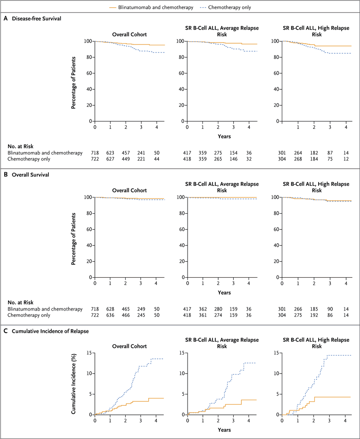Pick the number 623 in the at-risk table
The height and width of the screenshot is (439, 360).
(110, 153)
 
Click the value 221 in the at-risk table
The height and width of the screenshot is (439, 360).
(141, 159)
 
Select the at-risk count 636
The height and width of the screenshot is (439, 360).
(110, 315)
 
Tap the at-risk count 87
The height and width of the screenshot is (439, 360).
(330, 153)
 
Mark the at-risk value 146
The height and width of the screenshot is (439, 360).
(233, 159)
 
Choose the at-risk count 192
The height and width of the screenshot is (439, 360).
(314, 315)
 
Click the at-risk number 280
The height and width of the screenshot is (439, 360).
(218, 309)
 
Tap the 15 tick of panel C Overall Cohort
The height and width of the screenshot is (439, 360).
(89, 353)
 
